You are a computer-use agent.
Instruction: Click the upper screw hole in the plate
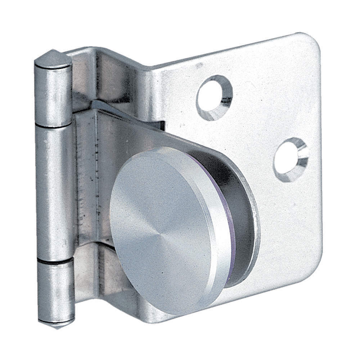(x=214, y=98)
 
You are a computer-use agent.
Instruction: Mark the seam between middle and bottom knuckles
(x=56, y=260)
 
